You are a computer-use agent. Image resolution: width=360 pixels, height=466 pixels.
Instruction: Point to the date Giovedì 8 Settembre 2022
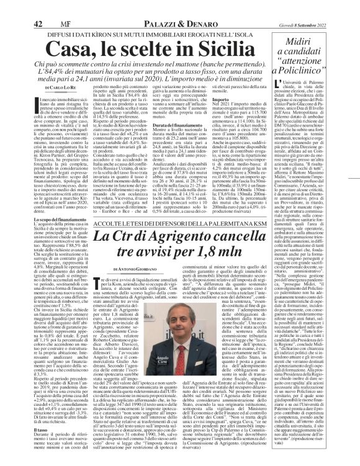[323, 7]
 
